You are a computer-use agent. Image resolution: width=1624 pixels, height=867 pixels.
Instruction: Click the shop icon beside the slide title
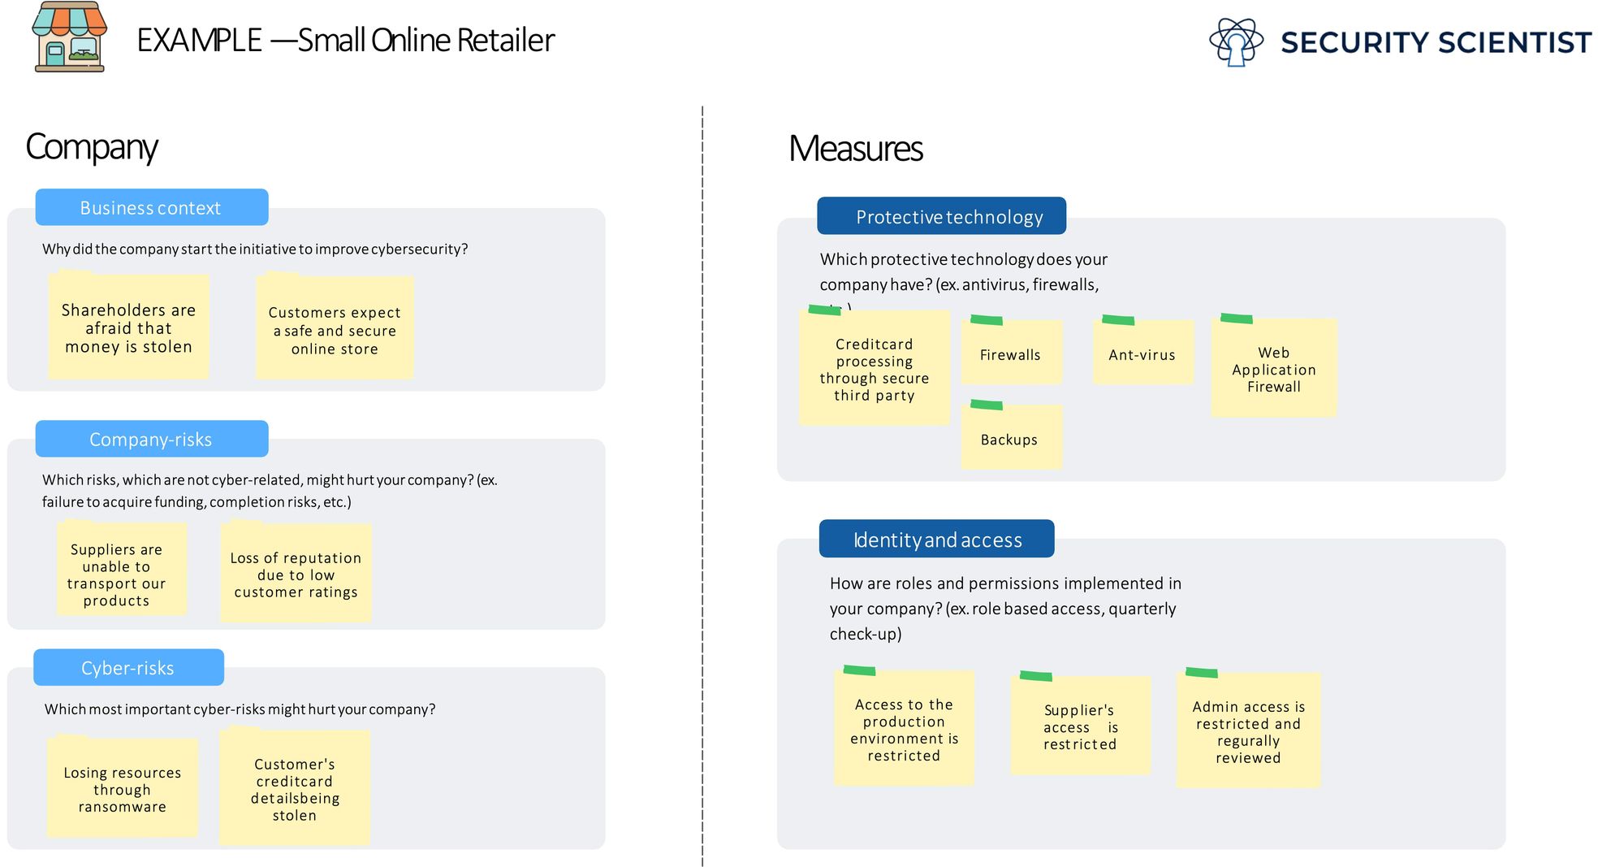click(x=69, y=37)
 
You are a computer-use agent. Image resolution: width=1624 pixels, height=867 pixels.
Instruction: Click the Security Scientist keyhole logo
click(x=1236, y=42)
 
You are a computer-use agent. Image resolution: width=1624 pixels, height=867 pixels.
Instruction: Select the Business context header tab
click(x=151, y=208)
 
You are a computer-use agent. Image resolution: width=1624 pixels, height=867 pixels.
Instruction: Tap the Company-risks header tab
click(x=151, y=440)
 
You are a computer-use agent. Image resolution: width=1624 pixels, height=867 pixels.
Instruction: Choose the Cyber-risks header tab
click(x=128, y=668)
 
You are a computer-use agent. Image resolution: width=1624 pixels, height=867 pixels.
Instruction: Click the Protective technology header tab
click(x=941, y=217)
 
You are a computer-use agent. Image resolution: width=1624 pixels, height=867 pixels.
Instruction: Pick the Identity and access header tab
click(x=936, y=540)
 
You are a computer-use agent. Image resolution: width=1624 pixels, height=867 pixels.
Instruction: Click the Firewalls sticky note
click(x=1011, y=354)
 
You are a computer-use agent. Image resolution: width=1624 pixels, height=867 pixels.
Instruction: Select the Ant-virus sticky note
click(x=1142, y=354)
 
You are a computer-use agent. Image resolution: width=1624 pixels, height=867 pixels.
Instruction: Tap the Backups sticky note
click(x=1010, y=440)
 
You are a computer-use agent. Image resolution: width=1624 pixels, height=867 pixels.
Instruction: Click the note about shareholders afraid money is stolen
click(x=128, y=327)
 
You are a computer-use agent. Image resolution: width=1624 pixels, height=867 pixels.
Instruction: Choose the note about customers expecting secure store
click(x=335, y=330)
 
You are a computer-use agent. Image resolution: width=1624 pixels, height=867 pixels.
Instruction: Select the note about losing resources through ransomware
click(x=122, y=789)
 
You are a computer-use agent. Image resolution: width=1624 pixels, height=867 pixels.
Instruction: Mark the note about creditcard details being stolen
click(x=294, y=789)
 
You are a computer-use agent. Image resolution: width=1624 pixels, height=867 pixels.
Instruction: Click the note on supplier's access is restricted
click(x=1080, y=726)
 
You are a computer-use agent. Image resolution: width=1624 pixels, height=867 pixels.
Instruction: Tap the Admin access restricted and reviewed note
click(x=1248, y=731)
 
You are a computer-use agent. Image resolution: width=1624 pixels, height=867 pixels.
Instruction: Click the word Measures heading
click(x=855, y=149)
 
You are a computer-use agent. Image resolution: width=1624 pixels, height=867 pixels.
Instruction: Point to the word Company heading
click(x=91, y=147)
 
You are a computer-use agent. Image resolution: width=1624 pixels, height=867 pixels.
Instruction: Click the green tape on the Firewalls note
click(x=986, y=320)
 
